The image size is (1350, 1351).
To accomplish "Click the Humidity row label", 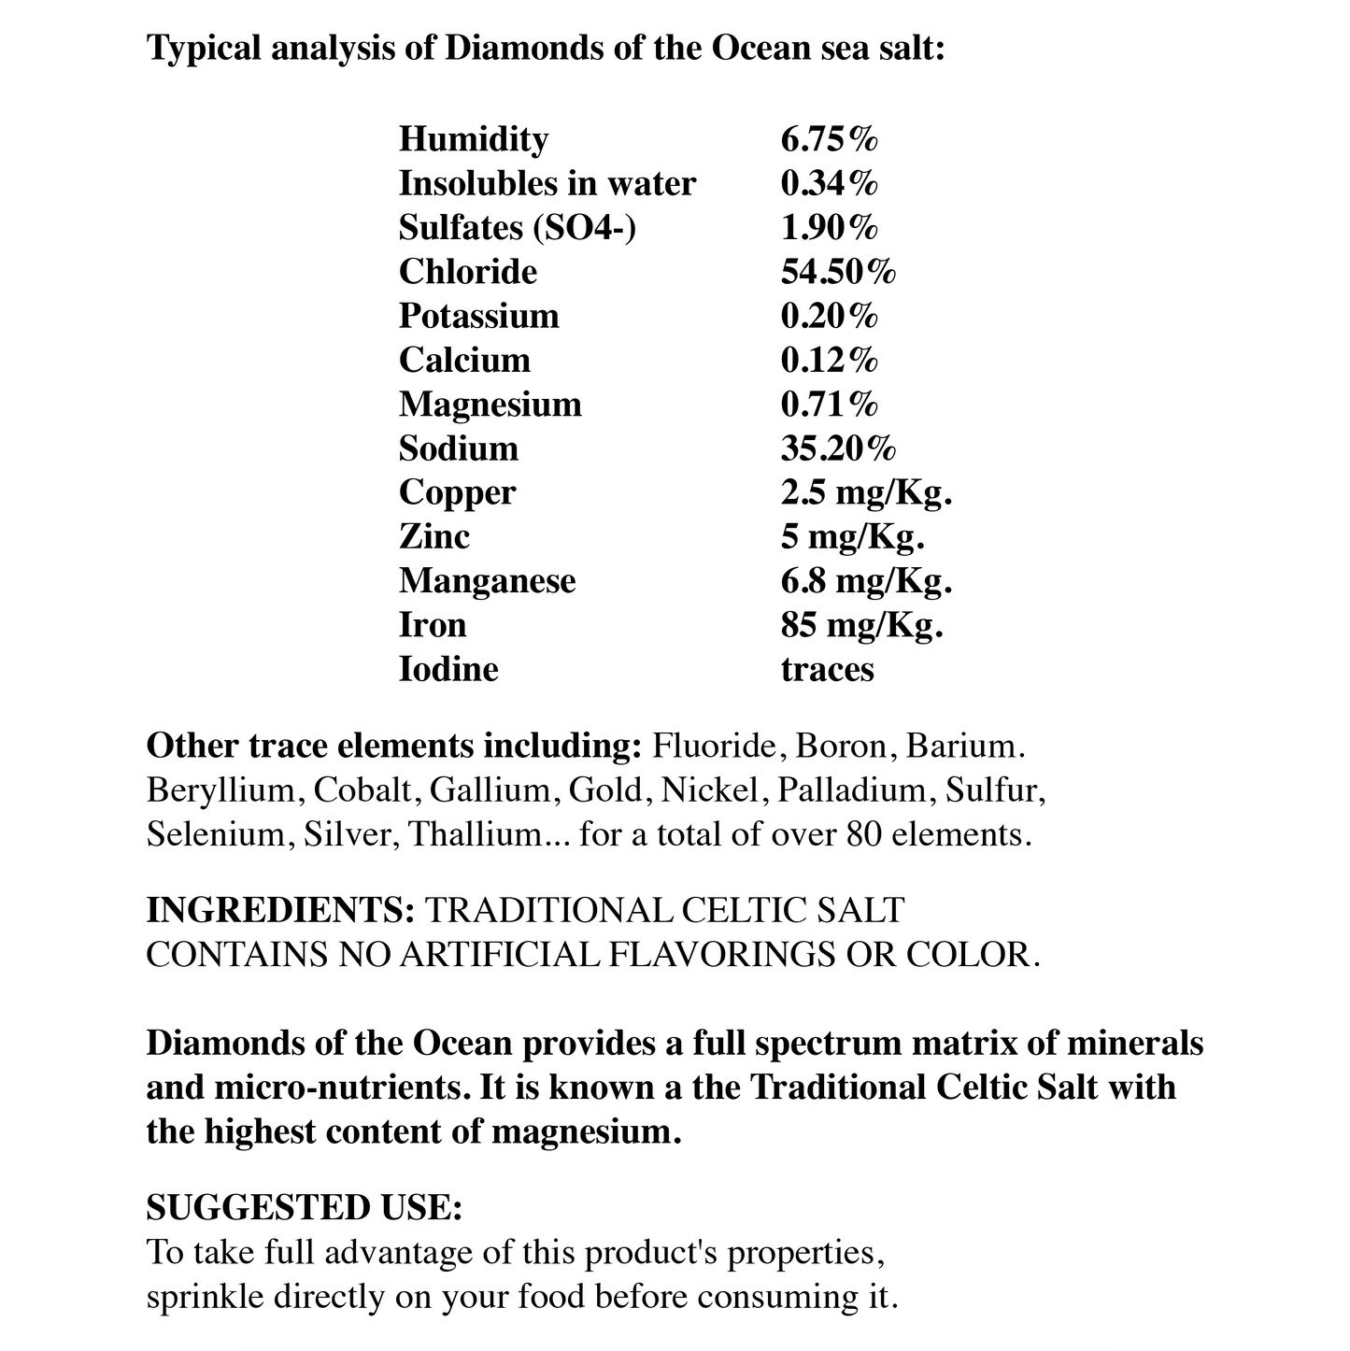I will (473, 139).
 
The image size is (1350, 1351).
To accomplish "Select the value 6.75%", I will (829, 139).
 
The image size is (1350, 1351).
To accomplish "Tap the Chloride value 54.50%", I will (838, 272).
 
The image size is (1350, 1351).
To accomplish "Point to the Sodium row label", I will (458, 448).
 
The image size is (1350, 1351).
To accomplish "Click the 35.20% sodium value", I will (838, 448).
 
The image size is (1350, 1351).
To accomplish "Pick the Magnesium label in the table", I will (490, 405).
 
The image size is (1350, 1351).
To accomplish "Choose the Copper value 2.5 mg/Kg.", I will (866, 492).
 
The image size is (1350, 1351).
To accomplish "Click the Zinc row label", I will (433, 536).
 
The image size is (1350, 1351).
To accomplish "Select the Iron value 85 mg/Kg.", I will (861, 625).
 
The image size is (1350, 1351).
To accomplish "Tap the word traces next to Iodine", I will (827, 669).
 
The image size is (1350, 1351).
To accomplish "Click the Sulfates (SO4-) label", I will (517, 228).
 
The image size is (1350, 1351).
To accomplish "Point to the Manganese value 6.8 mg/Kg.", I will (866, 581).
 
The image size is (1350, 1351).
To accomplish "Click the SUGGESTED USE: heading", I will (305, 1208).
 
